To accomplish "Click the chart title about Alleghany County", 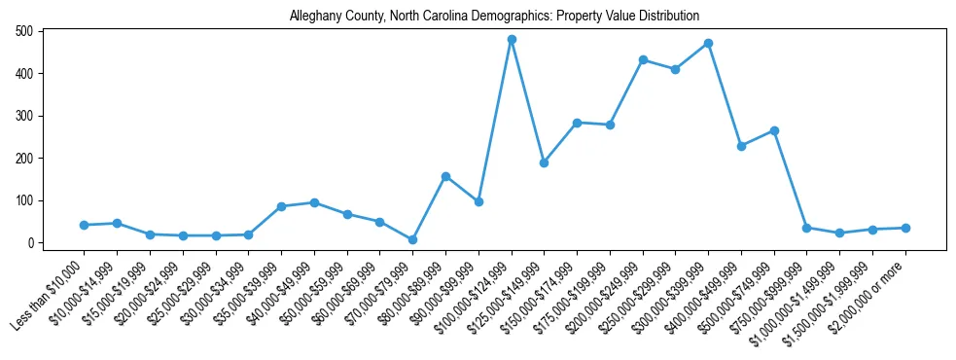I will [x=494, y=16].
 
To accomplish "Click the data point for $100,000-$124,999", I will [x=512, y=40].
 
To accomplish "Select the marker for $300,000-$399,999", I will [x=708, y=44].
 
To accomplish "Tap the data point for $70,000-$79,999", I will [x=412, y=239].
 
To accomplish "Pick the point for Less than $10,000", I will [x=85, y=225].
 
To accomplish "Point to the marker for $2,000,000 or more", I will [x=905, y=228].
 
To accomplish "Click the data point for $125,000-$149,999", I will [x=544, y=162].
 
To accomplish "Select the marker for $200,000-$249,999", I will [x=643, y=59].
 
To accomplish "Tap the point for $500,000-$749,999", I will [x=774, y=130].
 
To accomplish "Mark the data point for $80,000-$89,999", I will [x=445, y=176].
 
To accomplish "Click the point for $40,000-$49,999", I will [x=314, y=202].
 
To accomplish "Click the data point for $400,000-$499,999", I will [x=741, y=146].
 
